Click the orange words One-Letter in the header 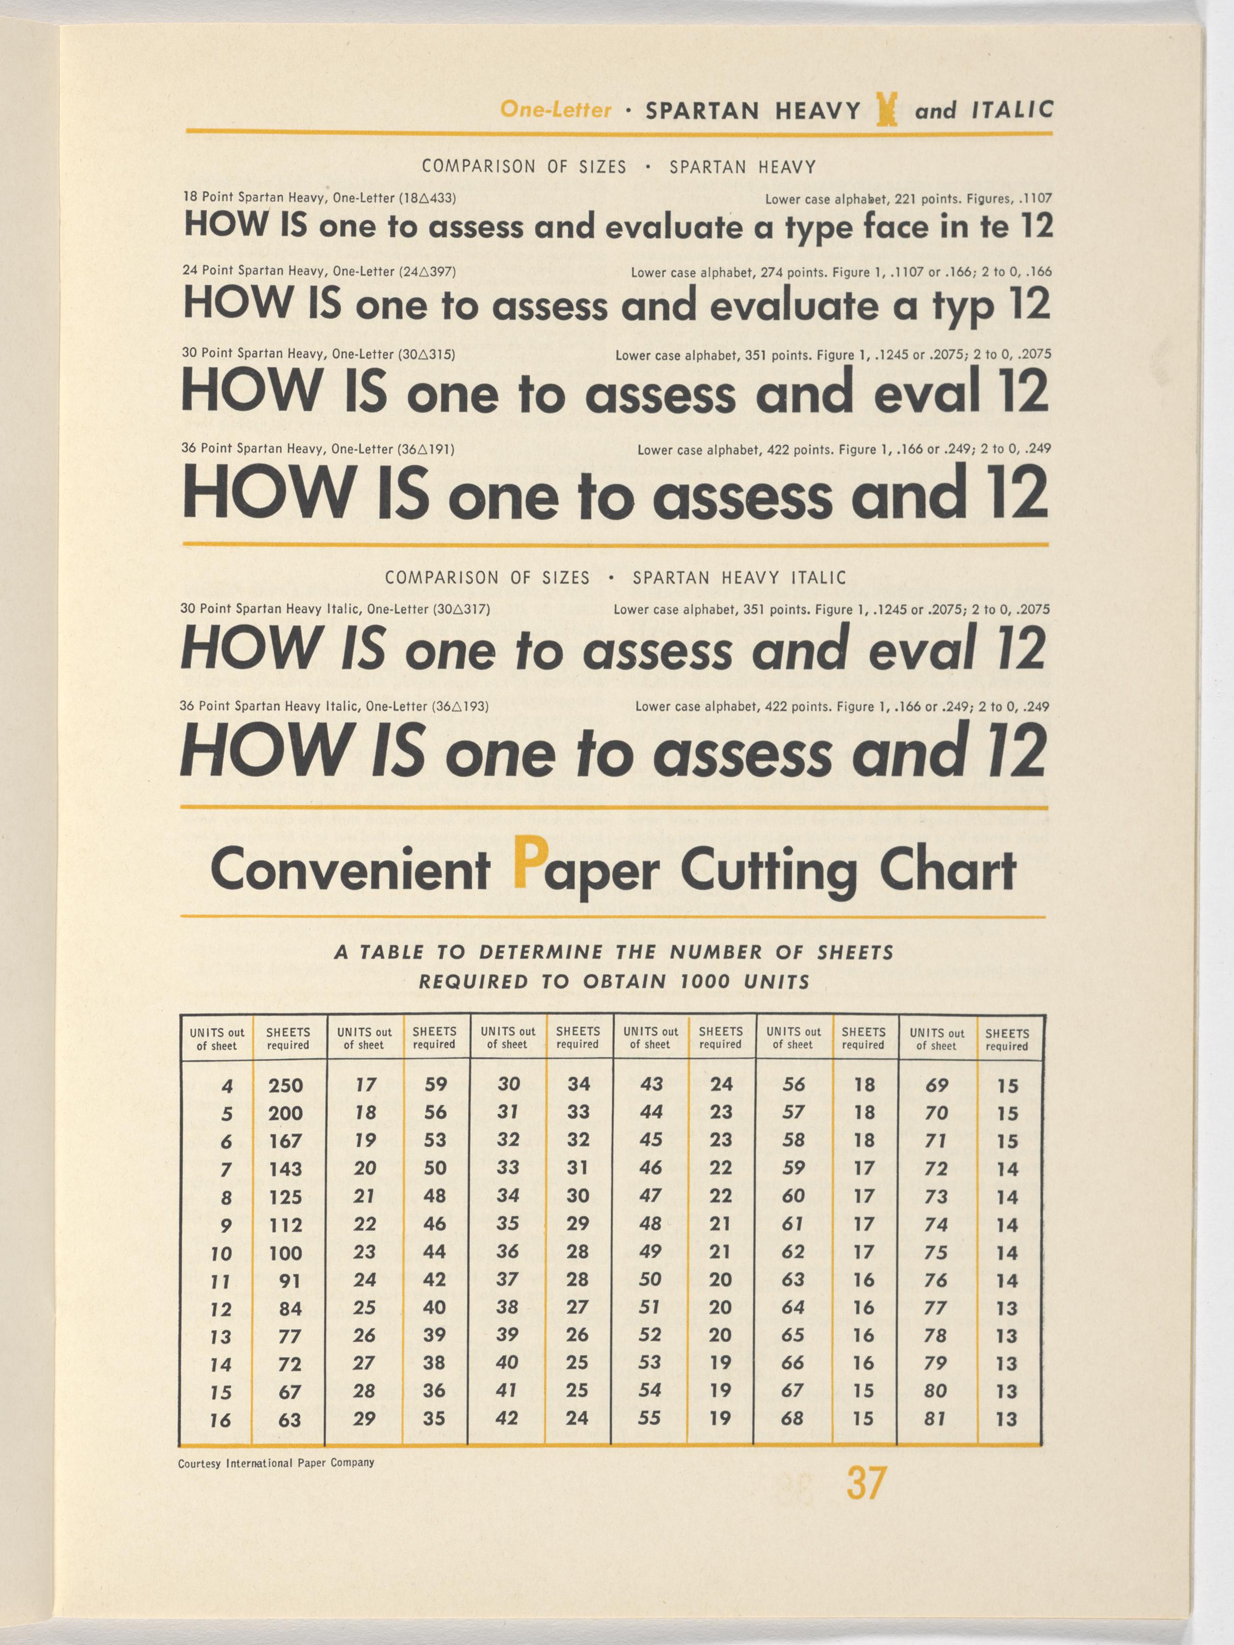pos(556,110)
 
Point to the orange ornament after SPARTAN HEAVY pos(887,110)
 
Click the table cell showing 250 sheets pos(286,1086)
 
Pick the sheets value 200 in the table pos(286,1113)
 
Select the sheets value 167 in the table pos(286,1141)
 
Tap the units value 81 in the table pos(935,1419)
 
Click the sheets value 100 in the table pos(286,1253)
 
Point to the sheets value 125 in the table pos(286,1197)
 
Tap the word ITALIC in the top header pos(1012,110)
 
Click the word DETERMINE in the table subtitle pos(541,953)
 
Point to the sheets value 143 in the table pos(286,1169)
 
